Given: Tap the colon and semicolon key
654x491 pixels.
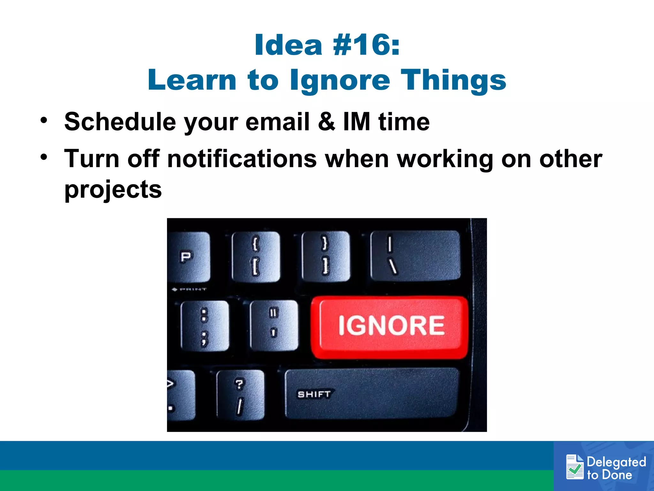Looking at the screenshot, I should (205, 326).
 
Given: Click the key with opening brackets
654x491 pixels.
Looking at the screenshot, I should (256, 256).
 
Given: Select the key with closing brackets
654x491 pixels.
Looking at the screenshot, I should (325, 256).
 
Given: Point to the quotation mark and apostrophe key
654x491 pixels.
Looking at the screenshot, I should (274, 325).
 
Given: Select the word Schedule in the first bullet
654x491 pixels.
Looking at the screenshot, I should (120, 122).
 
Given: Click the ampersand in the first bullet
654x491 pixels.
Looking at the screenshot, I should (326, 122).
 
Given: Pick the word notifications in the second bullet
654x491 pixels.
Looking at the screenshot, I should (242, 159).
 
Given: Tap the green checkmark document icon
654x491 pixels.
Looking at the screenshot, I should (574, 467).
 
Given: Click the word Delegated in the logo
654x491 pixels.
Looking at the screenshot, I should (616, 462).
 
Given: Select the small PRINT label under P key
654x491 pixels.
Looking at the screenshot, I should (190, 290).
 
